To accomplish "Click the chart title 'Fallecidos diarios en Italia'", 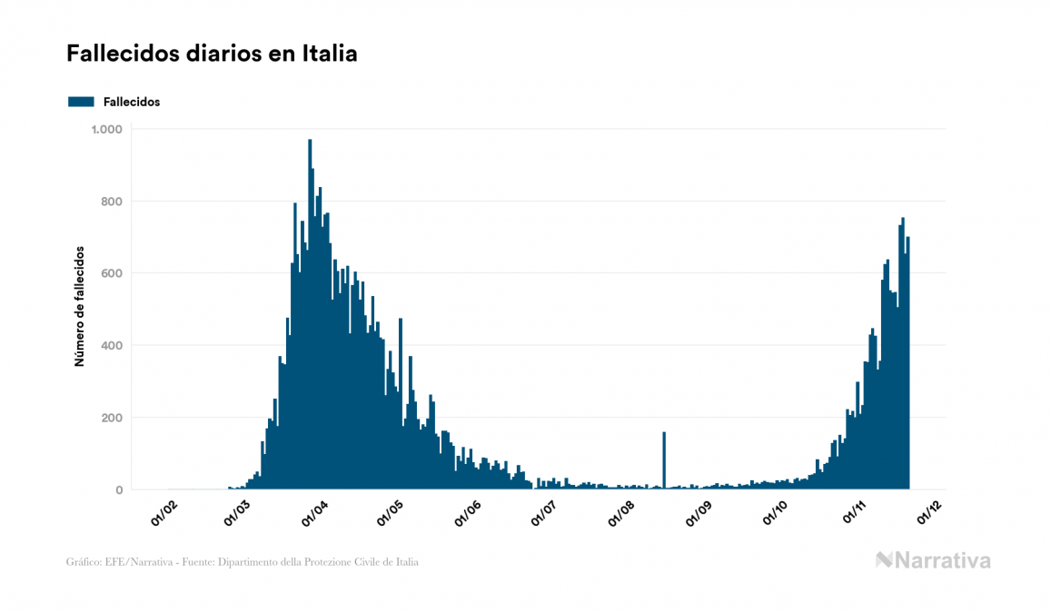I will (212, 54).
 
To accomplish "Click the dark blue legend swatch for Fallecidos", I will (81, 102).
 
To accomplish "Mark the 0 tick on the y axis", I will (118, 490).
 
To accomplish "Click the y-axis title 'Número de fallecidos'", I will (79, 306).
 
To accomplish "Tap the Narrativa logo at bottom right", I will (933, 560).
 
